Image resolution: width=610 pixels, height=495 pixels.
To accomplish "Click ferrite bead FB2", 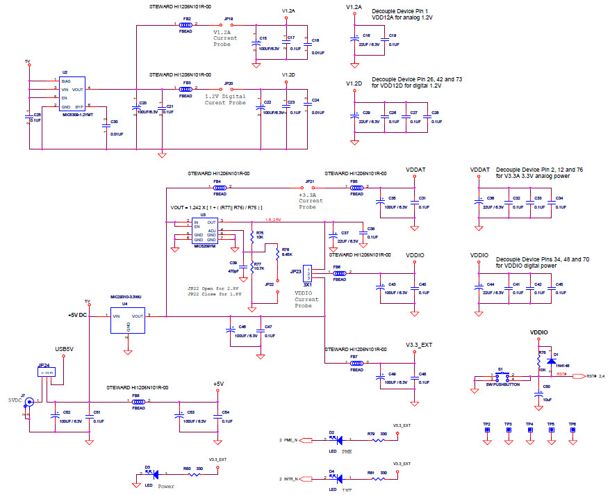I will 186,25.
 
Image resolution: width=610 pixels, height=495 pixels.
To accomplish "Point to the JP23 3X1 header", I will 308,273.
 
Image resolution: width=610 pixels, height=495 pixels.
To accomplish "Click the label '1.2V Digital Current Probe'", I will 226,99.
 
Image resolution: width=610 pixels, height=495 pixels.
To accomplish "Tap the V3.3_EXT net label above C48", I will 420,344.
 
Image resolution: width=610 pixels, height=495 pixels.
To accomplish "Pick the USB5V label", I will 65,349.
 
